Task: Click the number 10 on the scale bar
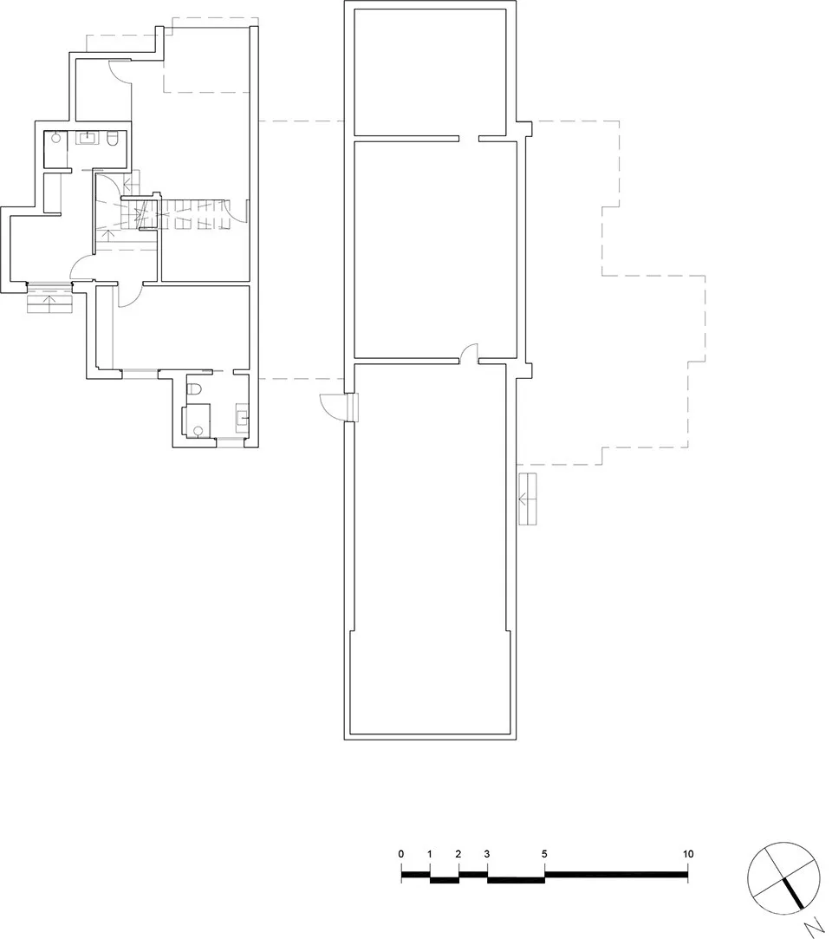687,854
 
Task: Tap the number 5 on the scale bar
544,854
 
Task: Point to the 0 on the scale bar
401,854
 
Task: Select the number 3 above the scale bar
487,854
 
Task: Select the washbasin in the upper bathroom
90,138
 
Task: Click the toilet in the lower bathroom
195,388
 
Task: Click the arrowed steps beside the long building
527,499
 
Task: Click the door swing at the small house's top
120,72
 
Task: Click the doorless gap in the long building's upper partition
469,138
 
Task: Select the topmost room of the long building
431,71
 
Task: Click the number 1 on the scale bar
430,854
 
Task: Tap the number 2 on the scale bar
458,854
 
